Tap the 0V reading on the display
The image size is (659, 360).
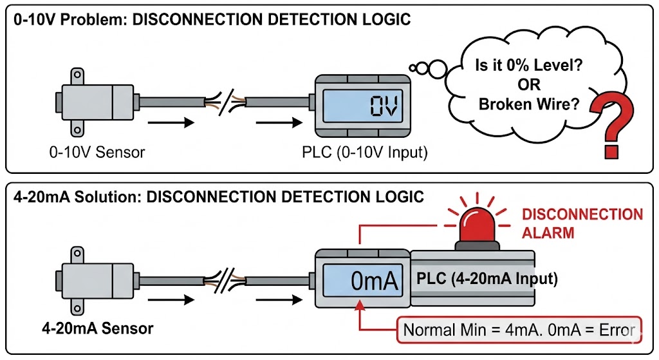pyautogui.click(x=385, y=106)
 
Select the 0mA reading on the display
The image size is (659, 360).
pyautogui.click(x=376, y=281)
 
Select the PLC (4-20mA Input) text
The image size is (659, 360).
pyautogui.click(x=487, y=279)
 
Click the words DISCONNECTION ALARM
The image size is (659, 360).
pyautogui.click(x=582, y=223)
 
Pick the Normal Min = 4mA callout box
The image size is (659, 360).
pyautogui.click(x=519, y=330)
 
